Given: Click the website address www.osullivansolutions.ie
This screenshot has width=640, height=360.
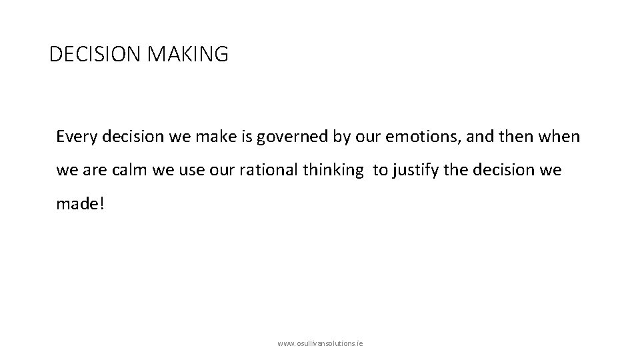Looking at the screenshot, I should click(319, 343).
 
